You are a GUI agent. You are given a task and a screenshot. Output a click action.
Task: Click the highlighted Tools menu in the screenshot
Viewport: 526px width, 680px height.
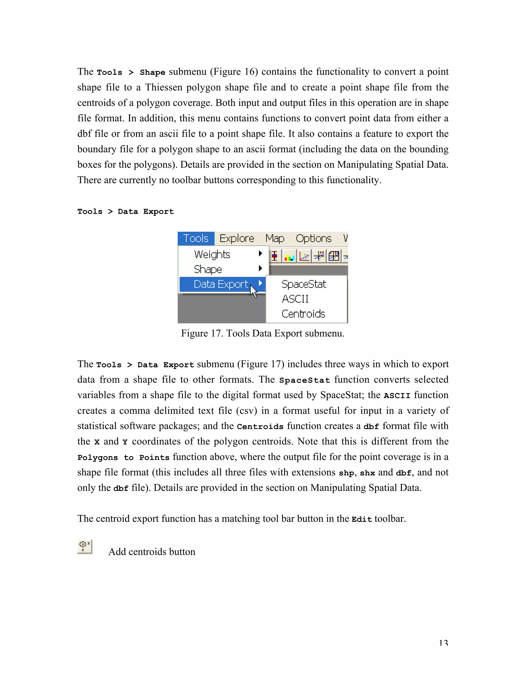[196, 238]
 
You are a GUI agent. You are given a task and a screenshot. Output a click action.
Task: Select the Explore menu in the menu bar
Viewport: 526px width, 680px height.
[237, 238]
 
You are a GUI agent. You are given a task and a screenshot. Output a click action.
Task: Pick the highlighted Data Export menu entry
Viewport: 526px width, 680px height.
[221, 284]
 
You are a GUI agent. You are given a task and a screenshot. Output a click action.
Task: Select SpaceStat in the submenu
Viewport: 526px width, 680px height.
[304, 284]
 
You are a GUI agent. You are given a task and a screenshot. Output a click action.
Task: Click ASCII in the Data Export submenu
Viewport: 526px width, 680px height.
[295, 299]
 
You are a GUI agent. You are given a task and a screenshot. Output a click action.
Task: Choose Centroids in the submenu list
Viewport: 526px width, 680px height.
[303, 314]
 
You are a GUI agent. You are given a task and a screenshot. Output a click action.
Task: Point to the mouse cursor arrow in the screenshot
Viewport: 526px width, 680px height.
[253, 291]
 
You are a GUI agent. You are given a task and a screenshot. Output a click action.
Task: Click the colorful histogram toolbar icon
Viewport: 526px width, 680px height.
[289, 256]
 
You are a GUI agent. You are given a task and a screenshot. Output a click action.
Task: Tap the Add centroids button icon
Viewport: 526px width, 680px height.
[85, 547]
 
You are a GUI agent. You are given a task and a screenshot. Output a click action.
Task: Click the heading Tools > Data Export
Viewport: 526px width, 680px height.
[126, 211]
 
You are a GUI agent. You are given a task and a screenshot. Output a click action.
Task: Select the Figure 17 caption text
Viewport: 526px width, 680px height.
[263, 334]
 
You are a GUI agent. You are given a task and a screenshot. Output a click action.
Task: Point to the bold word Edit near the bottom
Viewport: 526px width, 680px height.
[361, 519]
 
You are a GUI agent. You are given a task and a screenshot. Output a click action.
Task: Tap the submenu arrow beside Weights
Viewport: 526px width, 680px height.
[260, 254]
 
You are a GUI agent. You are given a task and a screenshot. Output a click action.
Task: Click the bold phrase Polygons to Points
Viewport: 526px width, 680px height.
[123, 457]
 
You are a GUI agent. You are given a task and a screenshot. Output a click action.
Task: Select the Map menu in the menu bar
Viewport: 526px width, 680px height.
[275, 238]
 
